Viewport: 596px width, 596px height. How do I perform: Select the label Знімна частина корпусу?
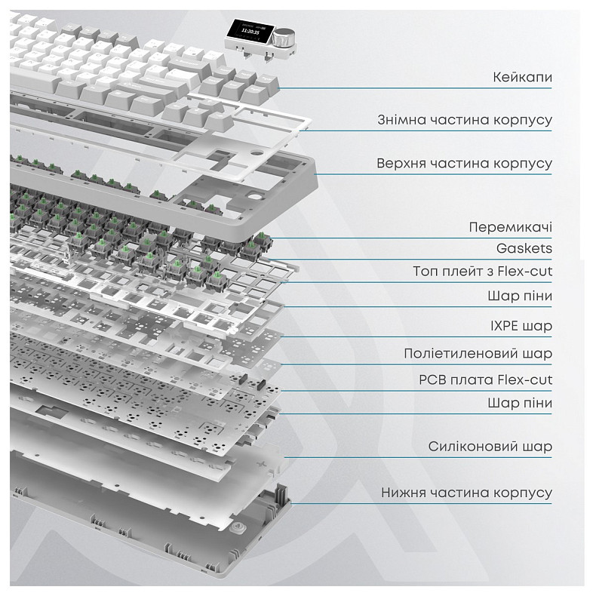465,120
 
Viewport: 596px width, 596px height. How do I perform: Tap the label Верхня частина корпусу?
465,163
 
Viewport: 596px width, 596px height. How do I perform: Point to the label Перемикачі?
510,227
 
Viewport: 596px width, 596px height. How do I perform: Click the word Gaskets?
524,247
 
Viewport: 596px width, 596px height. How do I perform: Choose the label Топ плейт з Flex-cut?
482,271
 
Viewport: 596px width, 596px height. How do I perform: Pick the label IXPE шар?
521,326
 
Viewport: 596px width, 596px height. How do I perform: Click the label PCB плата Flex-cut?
486,379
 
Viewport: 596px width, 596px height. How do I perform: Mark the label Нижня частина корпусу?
466,493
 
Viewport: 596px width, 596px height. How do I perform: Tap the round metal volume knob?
285,35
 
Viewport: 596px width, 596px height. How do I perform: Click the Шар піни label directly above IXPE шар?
520,296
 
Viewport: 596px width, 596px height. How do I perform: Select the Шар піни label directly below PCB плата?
520,403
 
